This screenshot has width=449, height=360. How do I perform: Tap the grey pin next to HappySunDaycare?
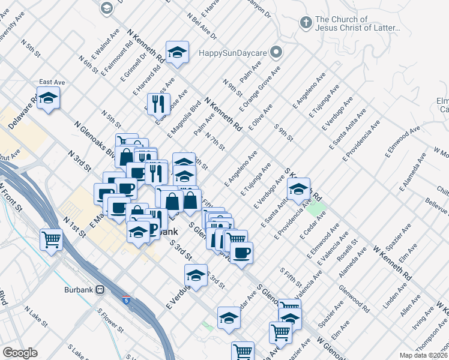(276, 52)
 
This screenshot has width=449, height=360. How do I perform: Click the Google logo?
(20, 353)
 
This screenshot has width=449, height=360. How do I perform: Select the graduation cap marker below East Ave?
(48, 98)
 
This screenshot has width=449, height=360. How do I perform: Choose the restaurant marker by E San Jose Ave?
(160, 103)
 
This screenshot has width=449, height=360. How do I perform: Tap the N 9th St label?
(232, 88)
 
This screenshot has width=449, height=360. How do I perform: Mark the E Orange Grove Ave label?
(259, 89)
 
